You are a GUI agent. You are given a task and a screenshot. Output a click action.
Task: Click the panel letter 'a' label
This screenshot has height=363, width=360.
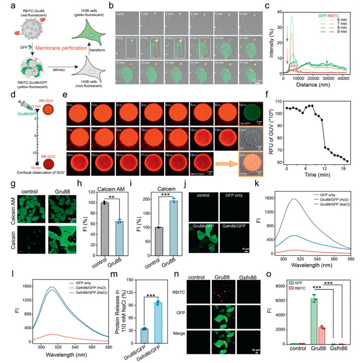point(5,5)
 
